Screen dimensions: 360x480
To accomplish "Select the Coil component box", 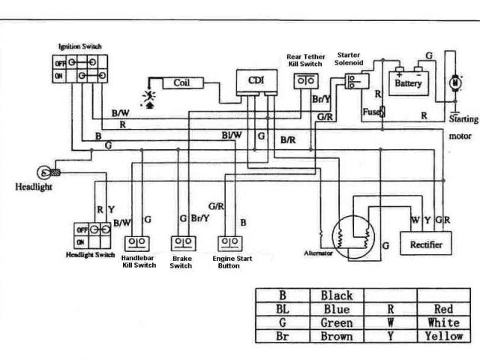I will (x=181, y=82).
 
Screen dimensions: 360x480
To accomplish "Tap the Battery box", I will (x=407, y=82).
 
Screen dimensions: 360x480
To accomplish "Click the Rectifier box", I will (x=425, y=244).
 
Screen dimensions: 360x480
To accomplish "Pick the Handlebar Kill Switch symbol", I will (x=139, y=243).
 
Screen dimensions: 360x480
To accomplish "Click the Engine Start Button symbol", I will (x=229, y=243).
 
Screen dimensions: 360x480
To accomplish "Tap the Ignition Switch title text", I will (x=79, y=47).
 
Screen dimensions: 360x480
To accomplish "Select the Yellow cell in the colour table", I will (x=444, y=336).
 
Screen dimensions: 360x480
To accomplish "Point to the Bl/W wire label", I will (x=231, y=135).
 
